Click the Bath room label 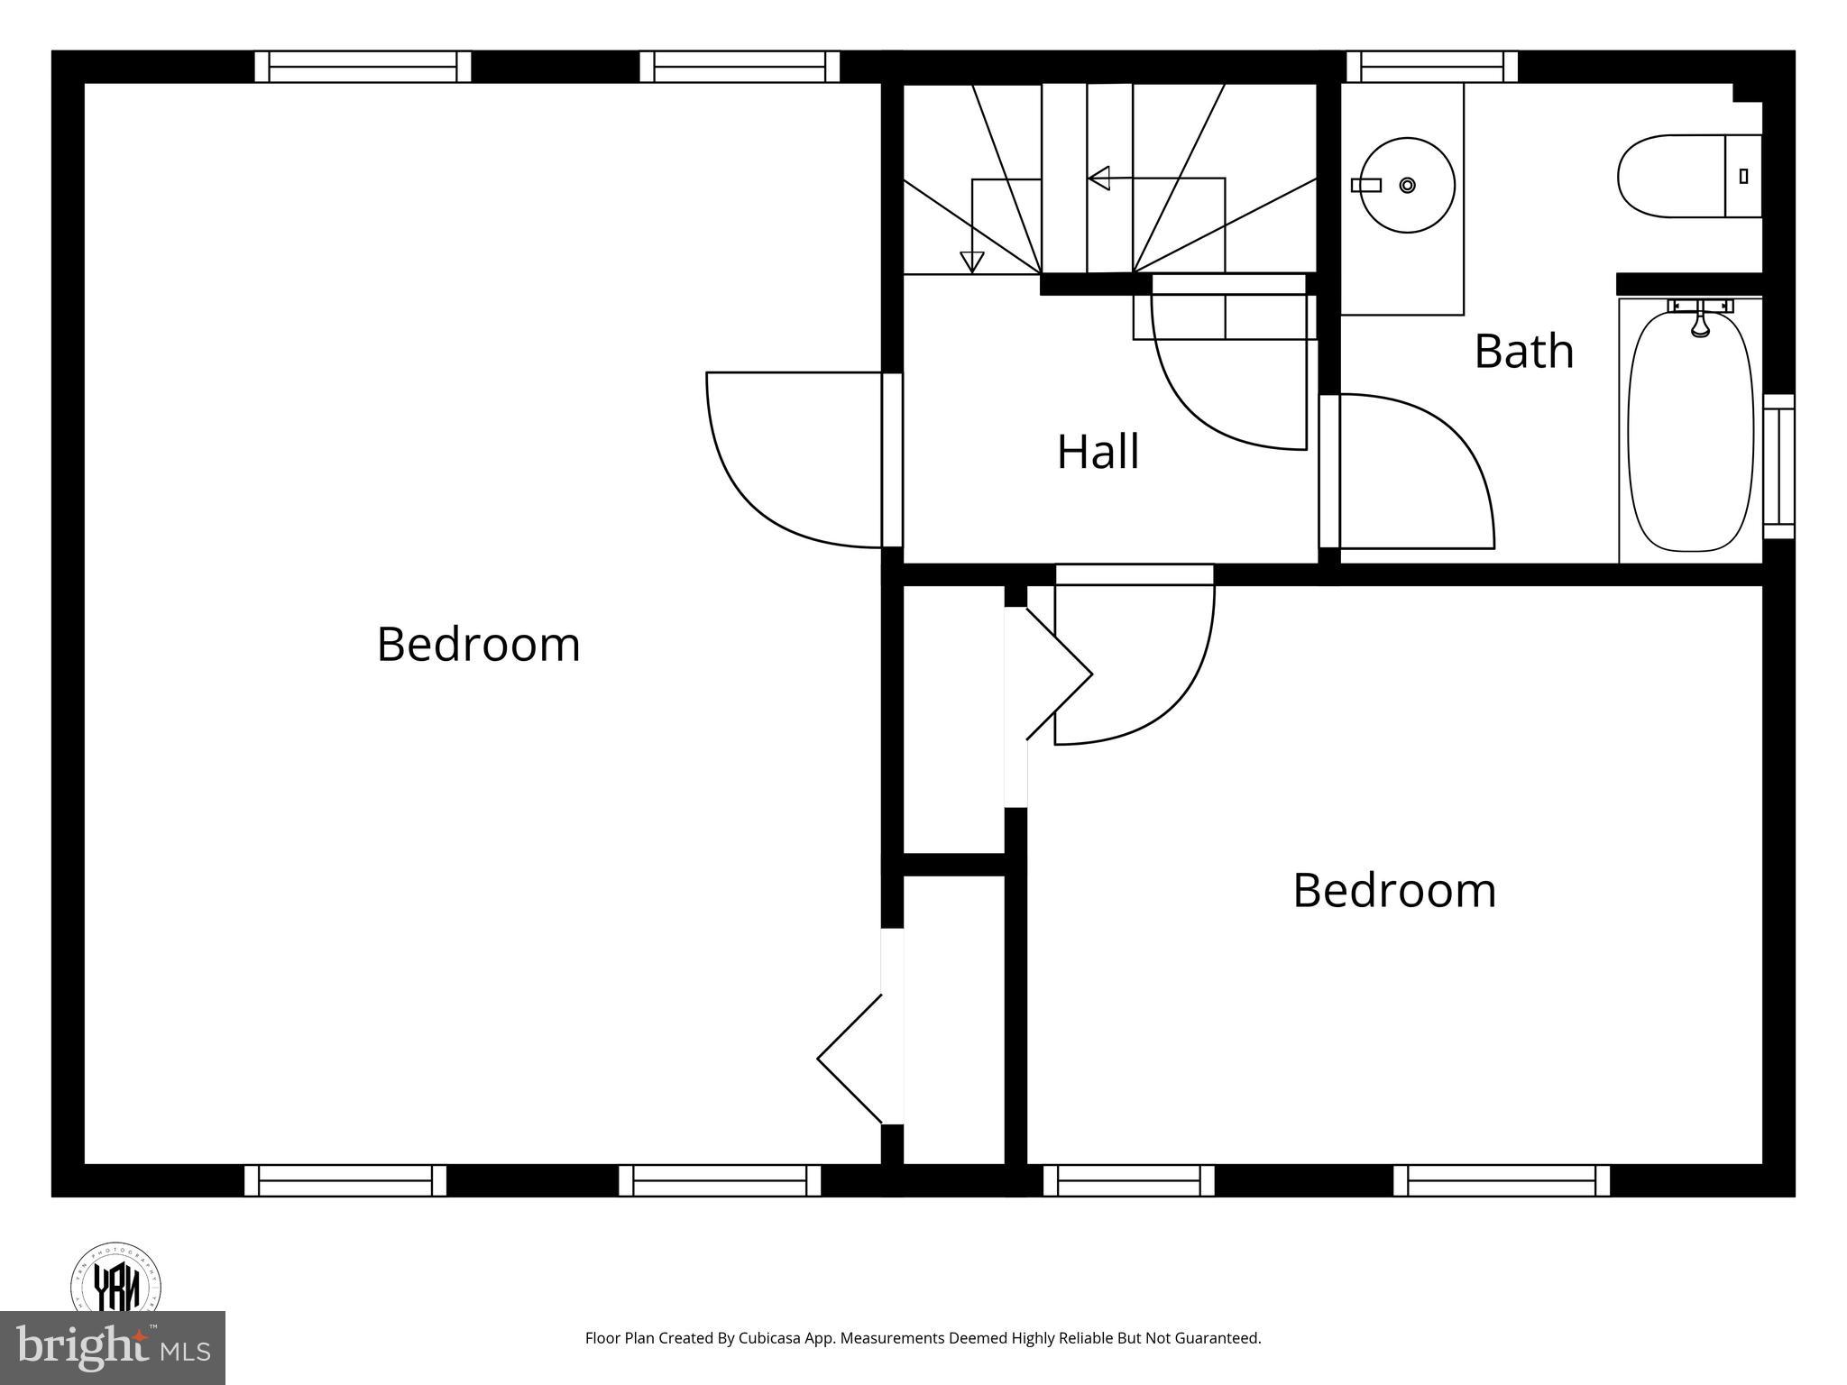[x=1523, y=352]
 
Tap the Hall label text [x=1098, y=452]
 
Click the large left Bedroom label [x=478, y=645]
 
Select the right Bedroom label [x=1394, y=891]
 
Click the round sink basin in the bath [x=1407, y=186]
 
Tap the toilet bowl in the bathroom [x=1668, y=177]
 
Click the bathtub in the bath [x=1690, y=433]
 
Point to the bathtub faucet [x=1700, y=321]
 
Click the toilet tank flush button [x=1743, y=177]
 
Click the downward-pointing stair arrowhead [x=971, y=261]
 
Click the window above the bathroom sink [x=1431, y=67]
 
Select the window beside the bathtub [x=1778, y=466]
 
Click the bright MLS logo [x=113, y=1348]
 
